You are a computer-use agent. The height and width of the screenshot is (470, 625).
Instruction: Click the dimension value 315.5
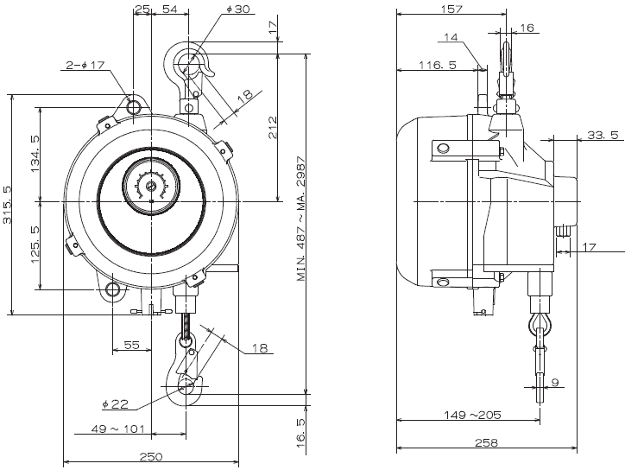[x=8, y=206]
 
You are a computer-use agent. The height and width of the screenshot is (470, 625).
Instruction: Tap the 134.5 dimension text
[x=35, y=153]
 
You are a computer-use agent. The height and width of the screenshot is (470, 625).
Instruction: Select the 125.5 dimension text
[x=35, y=245]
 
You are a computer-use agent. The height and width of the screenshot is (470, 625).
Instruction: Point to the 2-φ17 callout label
[x=85, y=64]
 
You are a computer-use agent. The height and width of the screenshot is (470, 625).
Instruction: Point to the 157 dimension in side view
[x=451, y=10]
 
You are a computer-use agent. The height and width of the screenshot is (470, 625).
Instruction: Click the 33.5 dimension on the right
[x=602, y=135]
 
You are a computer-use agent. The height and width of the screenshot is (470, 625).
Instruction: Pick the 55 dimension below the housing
[x=130, y=345]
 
